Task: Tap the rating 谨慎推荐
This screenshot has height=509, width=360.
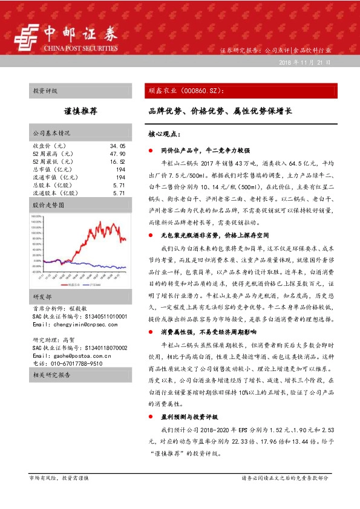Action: pyautogui.click(x=81, y=112)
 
